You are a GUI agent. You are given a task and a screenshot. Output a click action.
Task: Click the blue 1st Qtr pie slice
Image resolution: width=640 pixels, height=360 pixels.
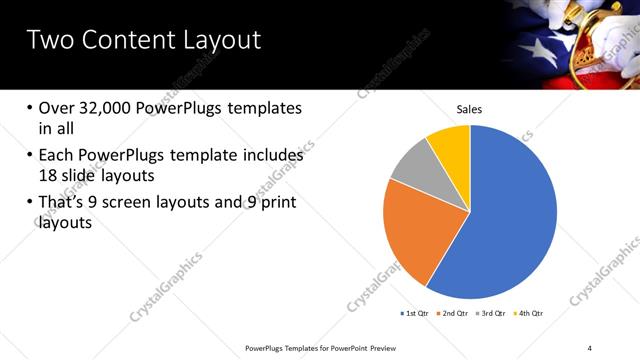510,220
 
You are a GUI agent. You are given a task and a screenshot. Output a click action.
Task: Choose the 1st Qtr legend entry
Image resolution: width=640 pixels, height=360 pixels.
415,314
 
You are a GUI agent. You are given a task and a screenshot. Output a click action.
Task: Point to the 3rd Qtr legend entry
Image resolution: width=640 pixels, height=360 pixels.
491,314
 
